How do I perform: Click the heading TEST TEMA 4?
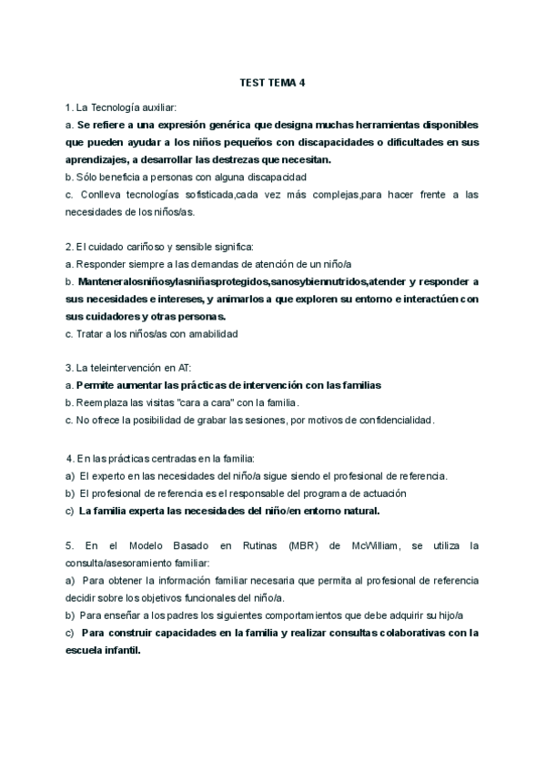[x=273, y=82]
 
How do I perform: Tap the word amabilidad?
[x=207, y=334]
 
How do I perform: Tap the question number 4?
[x=70, y=456]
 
